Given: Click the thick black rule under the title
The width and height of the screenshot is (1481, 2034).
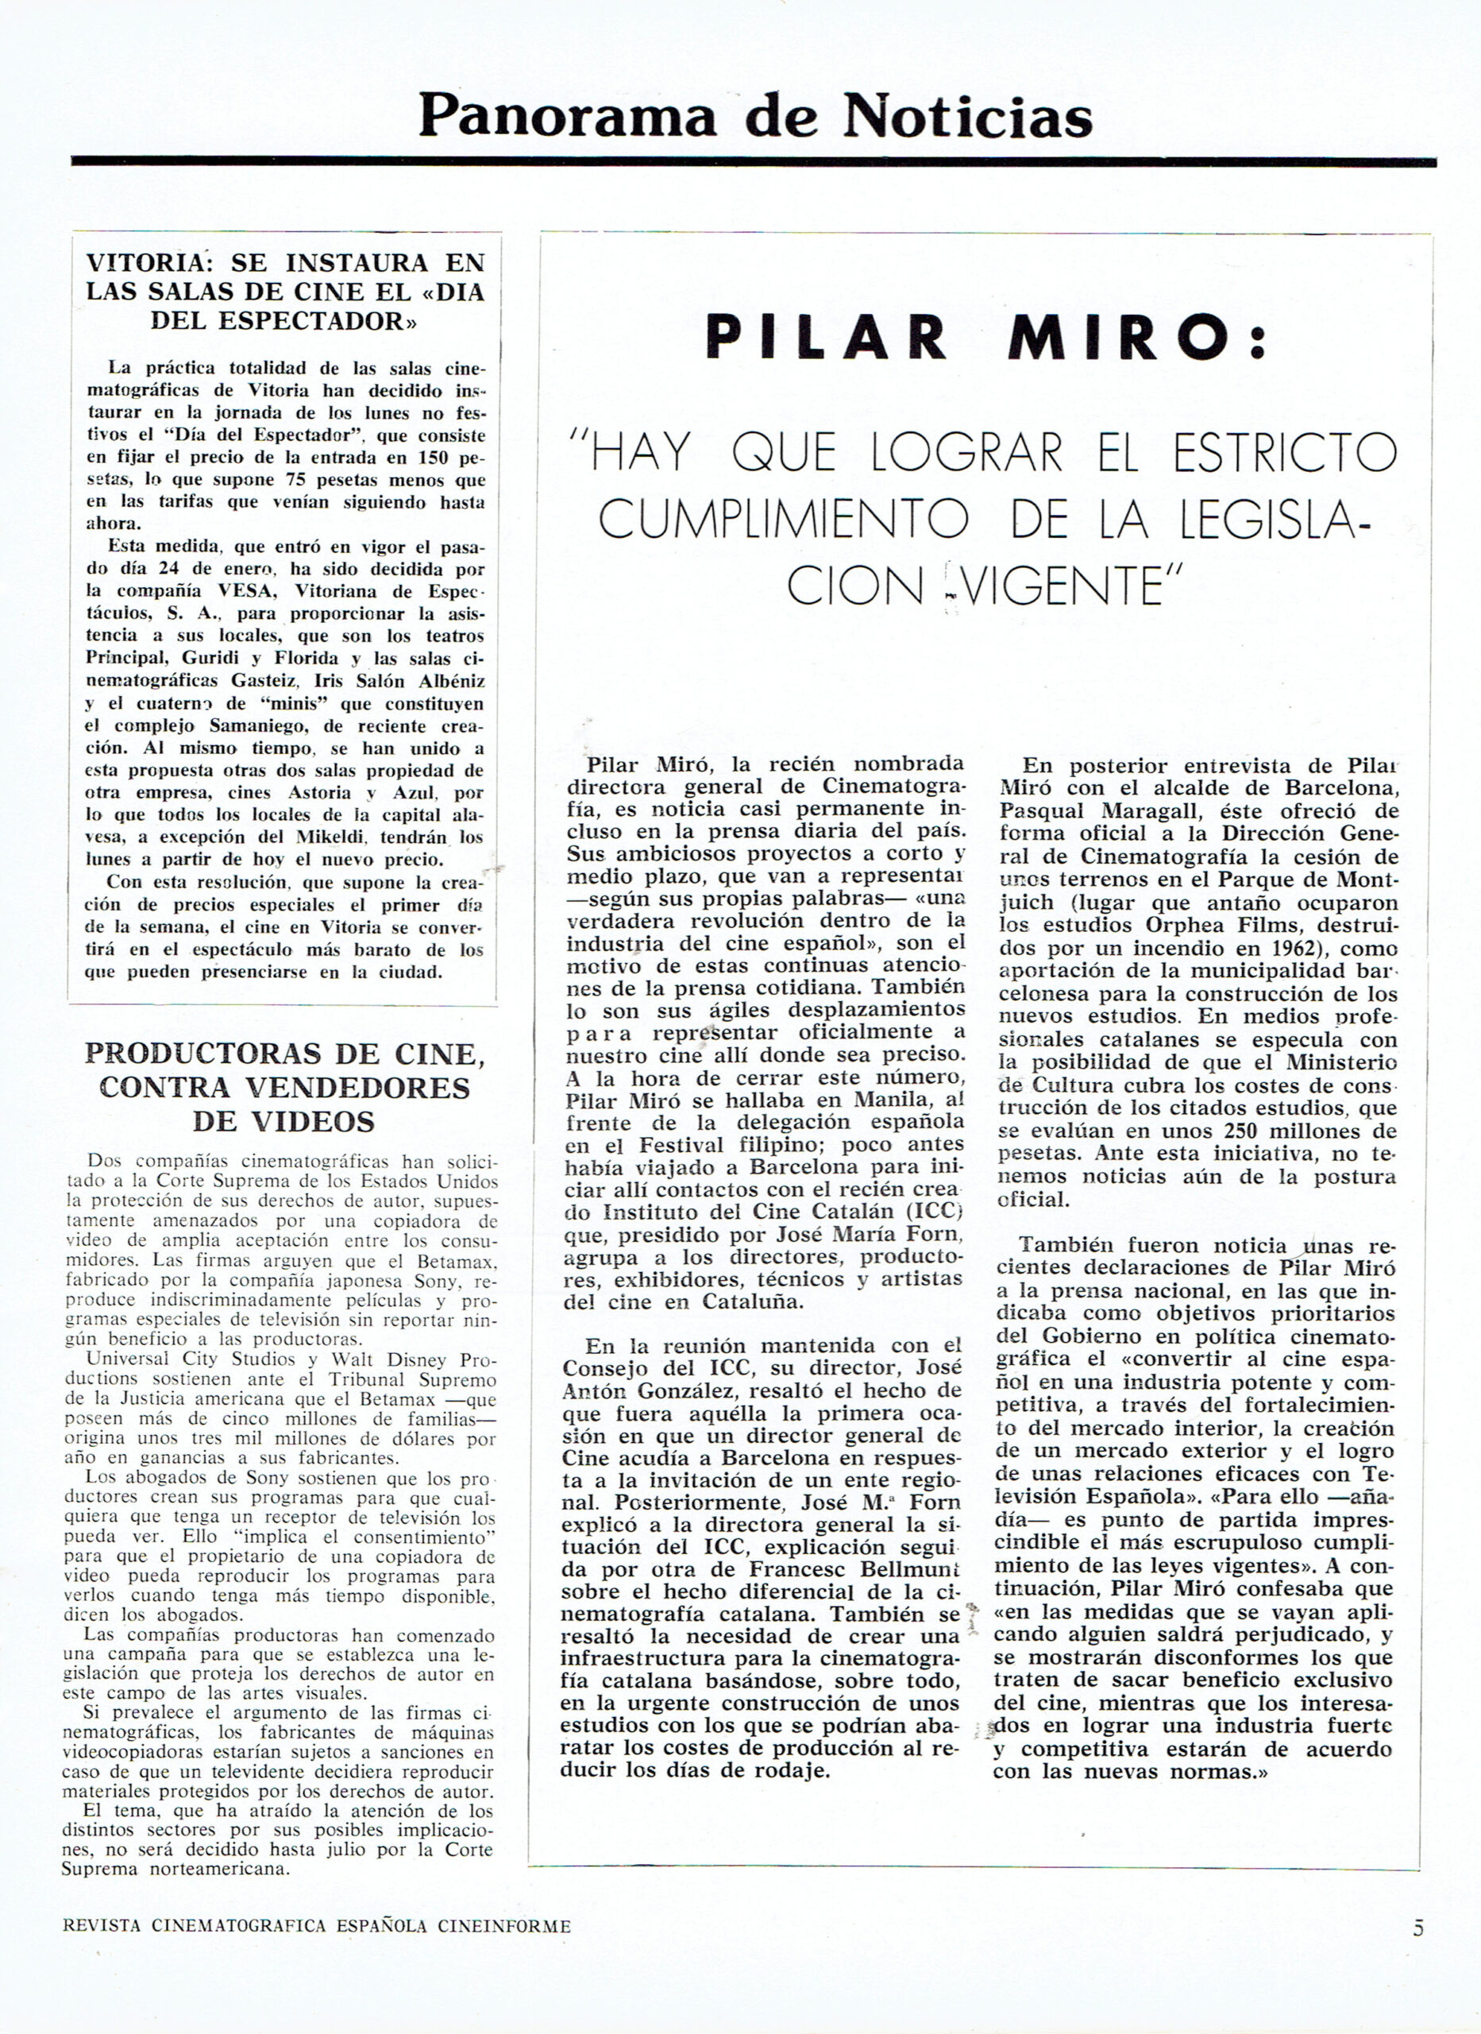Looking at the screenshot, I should [x=753, y=161].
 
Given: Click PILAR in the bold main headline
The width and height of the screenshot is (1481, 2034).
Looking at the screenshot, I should [x=826, y=337].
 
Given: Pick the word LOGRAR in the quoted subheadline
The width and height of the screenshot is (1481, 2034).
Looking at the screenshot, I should [x=966, y=452].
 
